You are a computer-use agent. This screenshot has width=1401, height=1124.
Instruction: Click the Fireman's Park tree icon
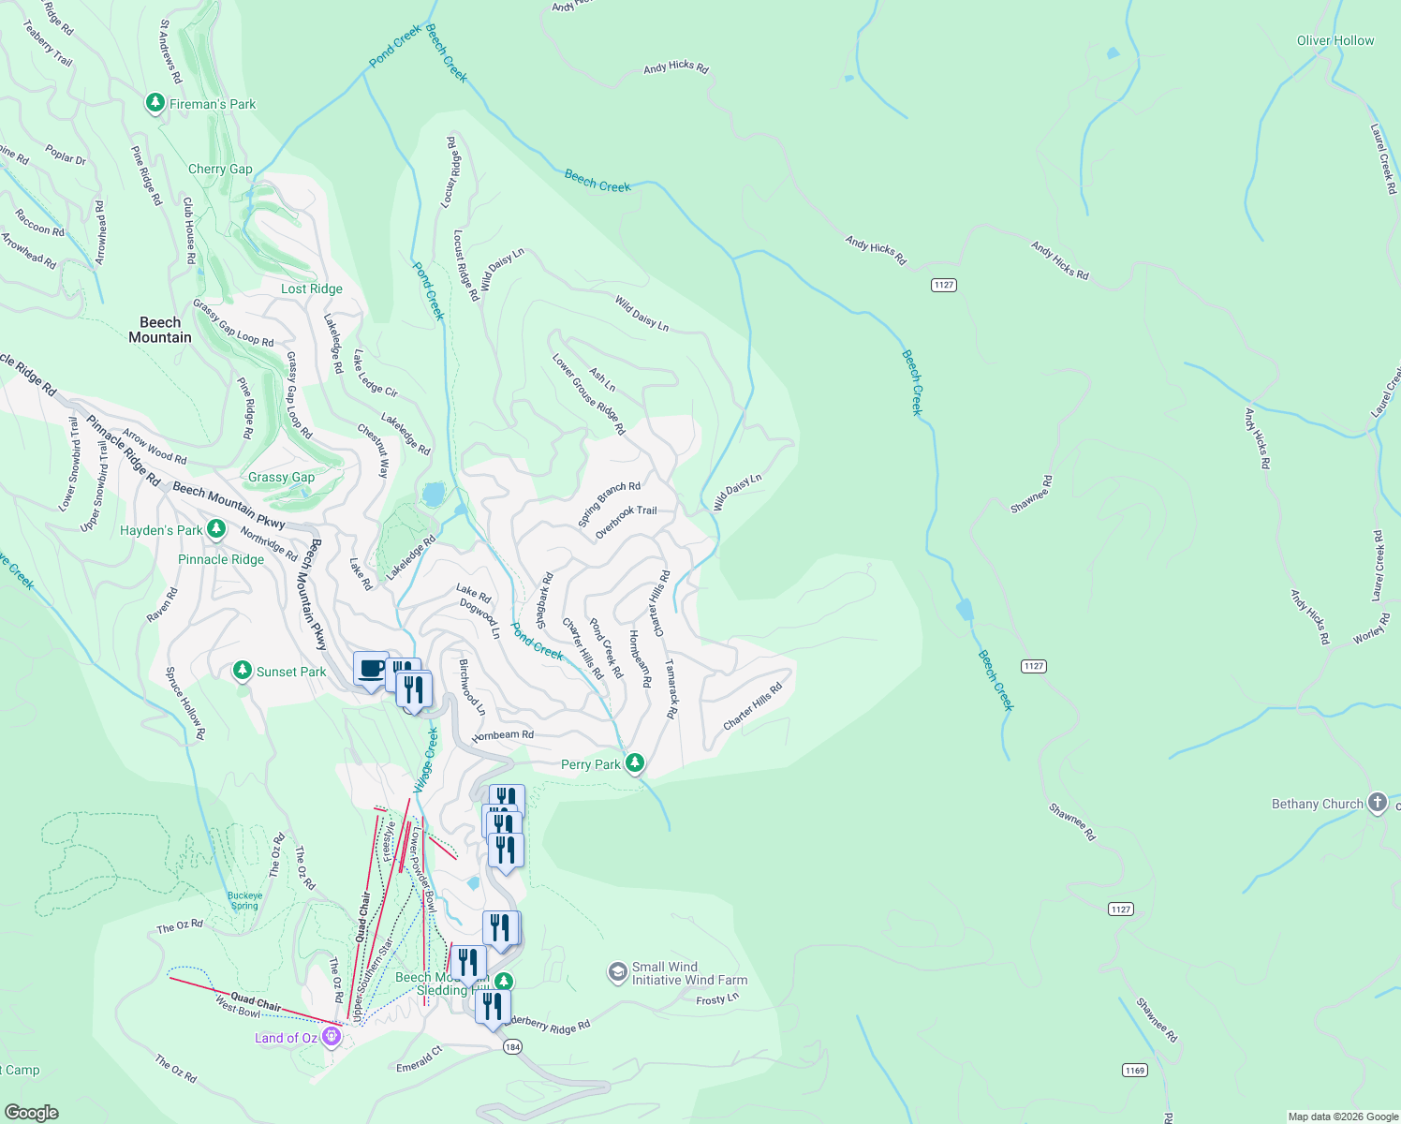click(155, 103)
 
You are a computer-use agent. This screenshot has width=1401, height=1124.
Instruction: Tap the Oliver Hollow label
click(1335, 40)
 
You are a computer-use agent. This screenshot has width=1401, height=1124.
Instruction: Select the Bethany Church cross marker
click(1376, 803)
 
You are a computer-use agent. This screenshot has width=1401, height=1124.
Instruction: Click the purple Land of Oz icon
click(331, 1036)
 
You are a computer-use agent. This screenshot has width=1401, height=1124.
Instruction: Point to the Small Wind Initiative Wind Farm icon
click(617, 972)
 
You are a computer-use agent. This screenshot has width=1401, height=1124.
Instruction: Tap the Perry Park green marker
click(635, 763)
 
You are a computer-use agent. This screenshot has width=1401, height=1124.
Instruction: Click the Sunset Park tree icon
click(243, 671)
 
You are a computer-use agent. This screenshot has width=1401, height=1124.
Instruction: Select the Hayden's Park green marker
click(216, 529)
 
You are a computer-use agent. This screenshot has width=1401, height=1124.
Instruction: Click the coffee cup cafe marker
click(371, 669)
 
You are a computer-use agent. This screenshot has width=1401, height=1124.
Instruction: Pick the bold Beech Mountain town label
click(160, 330)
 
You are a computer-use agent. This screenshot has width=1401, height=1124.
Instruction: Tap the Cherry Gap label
click(220, 169)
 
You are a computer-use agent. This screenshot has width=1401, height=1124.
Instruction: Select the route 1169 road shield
click(1134, 1070)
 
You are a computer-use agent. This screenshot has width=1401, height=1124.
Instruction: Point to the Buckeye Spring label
click(244, 900)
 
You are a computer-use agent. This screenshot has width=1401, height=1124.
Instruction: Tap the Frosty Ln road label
click(717, 999)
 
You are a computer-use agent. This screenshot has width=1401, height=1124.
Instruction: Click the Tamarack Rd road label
click(671, 688)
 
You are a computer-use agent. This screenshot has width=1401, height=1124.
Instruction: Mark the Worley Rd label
click(1372, 628)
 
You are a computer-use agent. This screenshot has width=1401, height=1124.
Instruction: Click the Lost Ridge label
click(312, 288)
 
